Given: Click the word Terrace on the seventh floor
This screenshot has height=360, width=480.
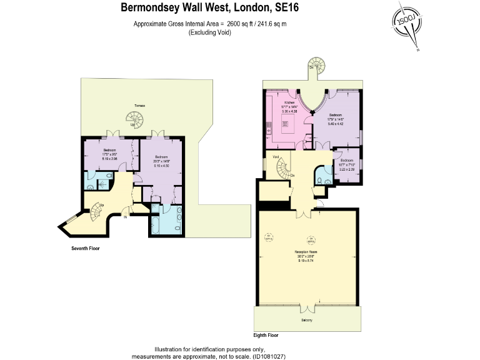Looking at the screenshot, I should (139, 106).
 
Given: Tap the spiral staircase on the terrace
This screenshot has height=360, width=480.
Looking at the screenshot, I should (134, 117).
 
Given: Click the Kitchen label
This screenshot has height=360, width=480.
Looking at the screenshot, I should (289, 102).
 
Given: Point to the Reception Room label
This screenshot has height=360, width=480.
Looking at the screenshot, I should (309, 252).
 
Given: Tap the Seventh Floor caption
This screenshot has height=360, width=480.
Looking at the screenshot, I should (86, 248).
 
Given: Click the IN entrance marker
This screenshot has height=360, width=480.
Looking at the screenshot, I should (125, 217).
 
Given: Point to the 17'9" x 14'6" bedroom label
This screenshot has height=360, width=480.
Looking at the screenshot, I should (336, 119).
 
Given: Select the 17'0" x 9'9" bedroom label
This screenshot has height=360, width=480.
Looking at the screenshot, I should (110, 154).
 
